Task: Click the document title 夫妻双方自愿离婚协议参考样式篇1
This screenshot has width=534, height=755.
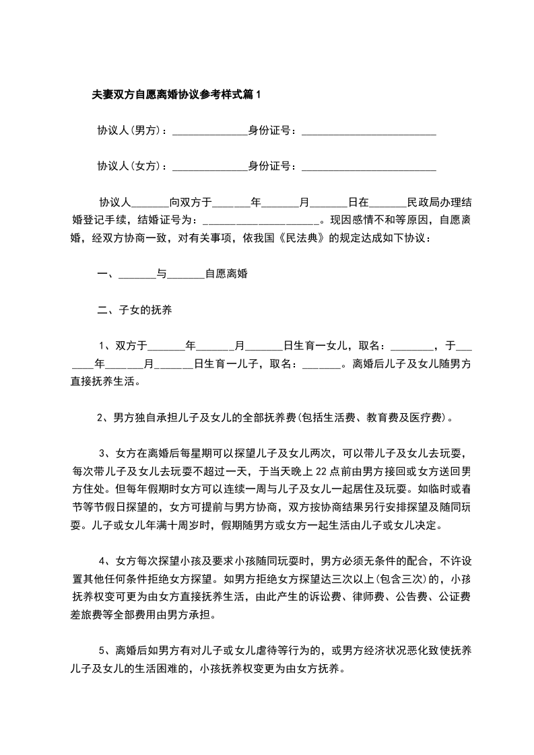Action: (176, 96)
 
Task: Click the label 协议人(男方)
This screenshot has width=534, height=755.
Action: (130, 131)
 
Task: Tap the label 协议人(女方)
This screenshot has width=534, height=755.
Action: (130, 166)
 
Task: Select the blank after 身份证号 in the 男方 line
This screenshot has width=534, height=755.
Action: (368, 132)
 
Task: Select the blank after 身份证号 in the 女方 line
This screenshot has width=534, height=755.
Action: (368, 167)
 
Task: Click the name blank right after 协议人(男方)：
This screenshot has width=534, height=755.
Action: (210, 132)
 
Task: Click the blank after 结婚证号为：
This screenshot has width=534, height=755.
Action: (260, 220)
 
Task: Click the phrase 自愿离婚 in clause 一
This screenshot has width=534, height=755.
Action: (226, 274)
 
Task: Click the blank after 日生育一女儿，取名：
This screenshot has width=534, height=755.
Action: (412, 347)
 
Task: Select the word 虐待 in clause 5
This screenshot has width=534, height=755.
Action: (265, 651)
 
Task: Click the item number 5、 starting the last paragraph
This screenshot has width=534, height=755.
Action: (105, 651)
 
